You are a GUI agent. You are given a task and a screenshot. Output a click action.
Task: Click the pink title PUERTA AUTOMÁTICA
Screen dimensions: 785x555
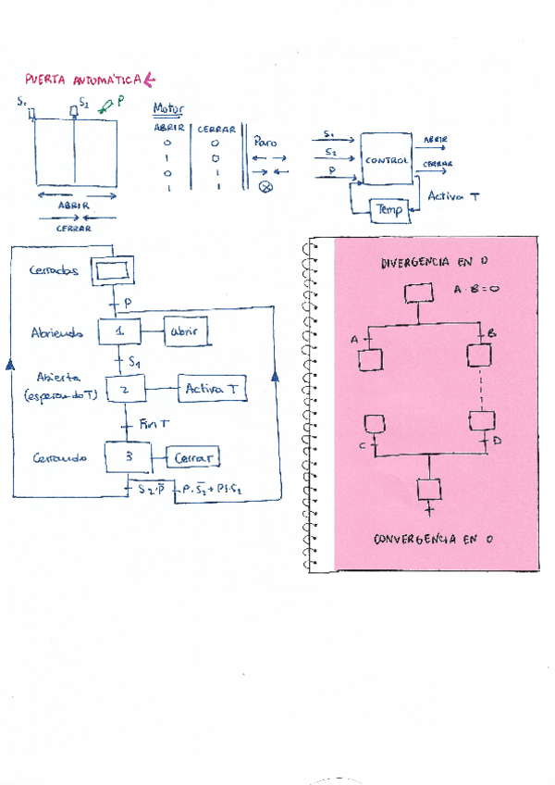click(x=83, y=81)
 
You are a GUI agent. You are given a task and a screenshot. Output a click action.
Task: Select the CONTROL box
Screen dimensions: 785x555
click(x=387, y=159)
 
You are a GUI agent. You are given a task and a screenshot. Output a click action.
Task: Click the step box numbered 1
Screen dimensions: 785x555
click(x=120, y=330)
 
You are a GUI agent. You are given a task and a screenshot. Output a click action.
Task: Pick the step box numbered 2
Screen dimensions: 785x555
click(x=128, y=391)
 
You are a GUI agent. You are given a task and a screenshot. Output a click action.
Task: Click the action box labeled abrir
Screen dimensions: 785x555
click(x=185, y=332)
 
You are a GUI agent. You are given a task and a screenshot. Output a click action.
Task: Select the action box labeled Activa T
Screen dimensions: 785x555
click(x=212, y=390)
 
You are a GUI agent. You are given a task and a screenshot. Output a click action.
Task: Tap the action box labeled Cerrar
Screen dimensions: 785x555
click(x=193, y=457)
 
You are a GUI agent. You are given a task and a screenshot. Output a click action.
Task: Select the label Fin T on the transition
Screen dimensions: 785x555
click(x=152, y=424)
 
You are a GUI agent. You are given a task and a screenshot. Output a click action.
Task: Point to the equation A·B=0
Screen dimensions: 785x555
click(x=476, y=289)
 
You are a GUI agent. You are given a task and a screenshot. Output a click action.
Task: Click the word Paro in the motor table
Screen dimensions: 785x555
click(x=265, y=143)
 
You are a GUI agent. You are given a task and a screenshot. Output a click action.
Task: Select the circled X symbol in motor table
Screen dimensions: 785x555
click(x=265, y=188)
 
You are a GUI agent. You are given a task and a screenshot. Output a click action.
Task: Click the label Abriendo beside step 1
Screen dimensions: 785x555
click(x=57, y=331)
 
